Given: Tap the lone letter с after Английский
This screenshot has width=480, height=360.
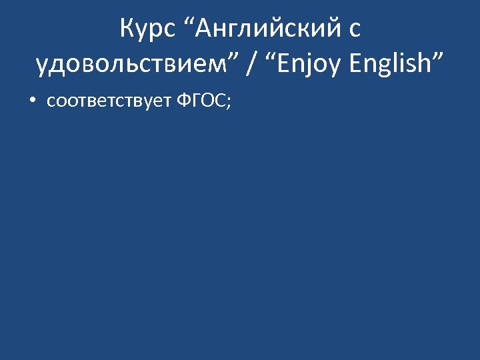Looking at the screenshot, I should (x=355, y=30).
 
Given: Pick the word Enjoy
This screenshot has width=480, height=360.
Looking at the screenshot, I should (x=303, y=64).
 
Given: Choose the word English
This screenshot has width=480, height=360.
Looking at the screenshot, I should (x=390, y=64).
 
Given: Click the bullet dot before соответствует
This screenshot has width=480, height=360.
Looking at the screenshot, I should (x=31, y=101).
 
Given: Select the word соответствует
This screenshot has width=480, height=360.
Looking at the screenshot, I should (x=109, y=101).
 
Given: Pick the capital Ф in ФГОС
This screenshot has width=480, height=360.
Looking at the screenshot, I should (x=184, y=101).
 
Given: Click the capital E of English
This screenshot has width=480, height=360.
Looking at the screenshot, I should (x=355, y=64).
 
